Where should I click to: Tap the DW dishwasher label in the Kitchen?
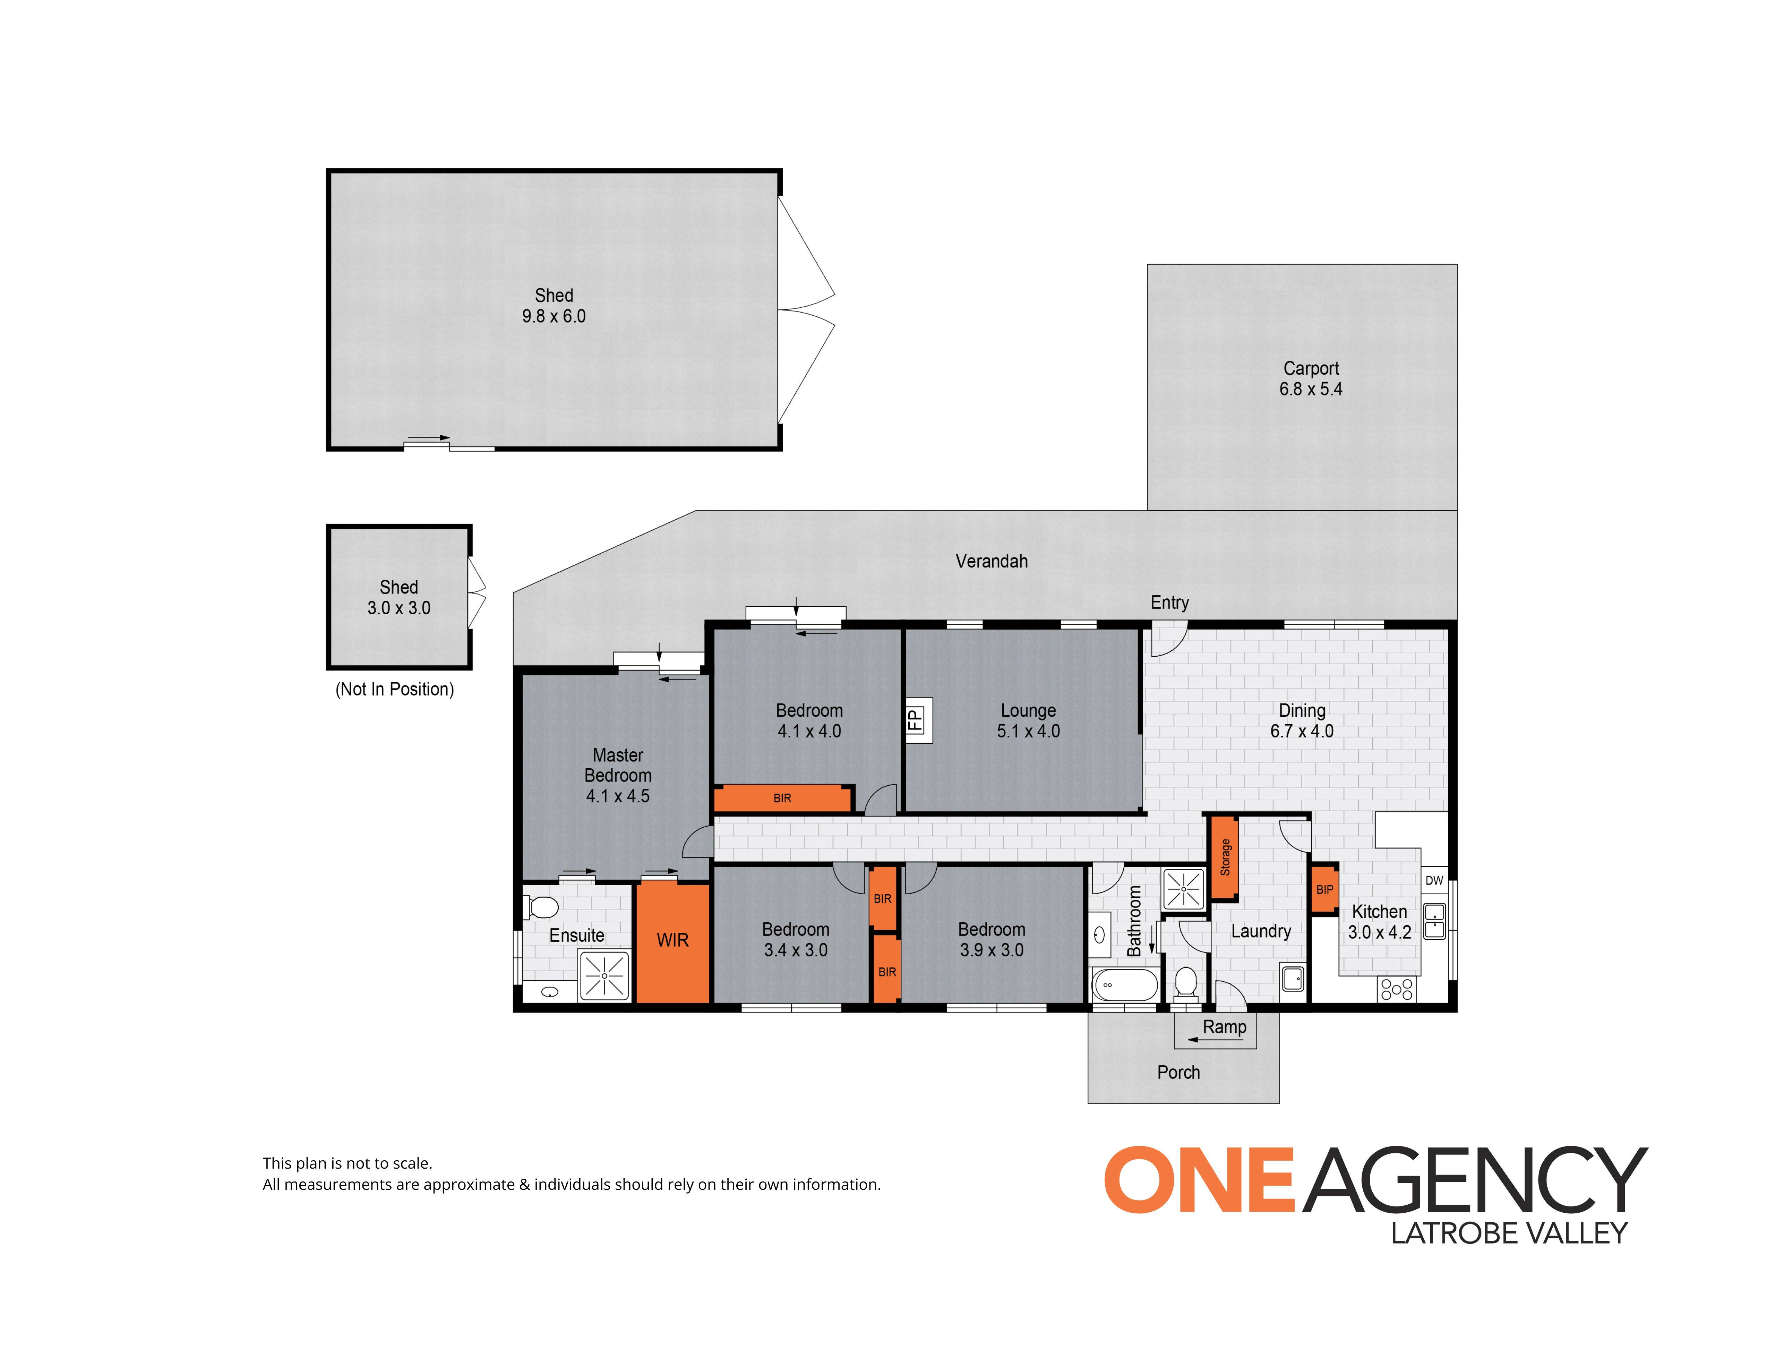click(1434, 880)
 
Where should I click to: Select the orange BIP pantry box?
click(1324, 889)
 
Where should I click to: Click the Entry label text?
click(1169, 603)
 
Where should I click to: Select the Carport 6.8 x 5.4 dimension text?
click(1311, 389)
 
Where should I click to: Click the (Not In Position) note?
click(394, 689)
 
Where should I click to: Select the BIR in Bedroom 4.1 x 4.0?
click(782, 798)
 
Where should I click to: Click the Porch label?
click(1178, 1072)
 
